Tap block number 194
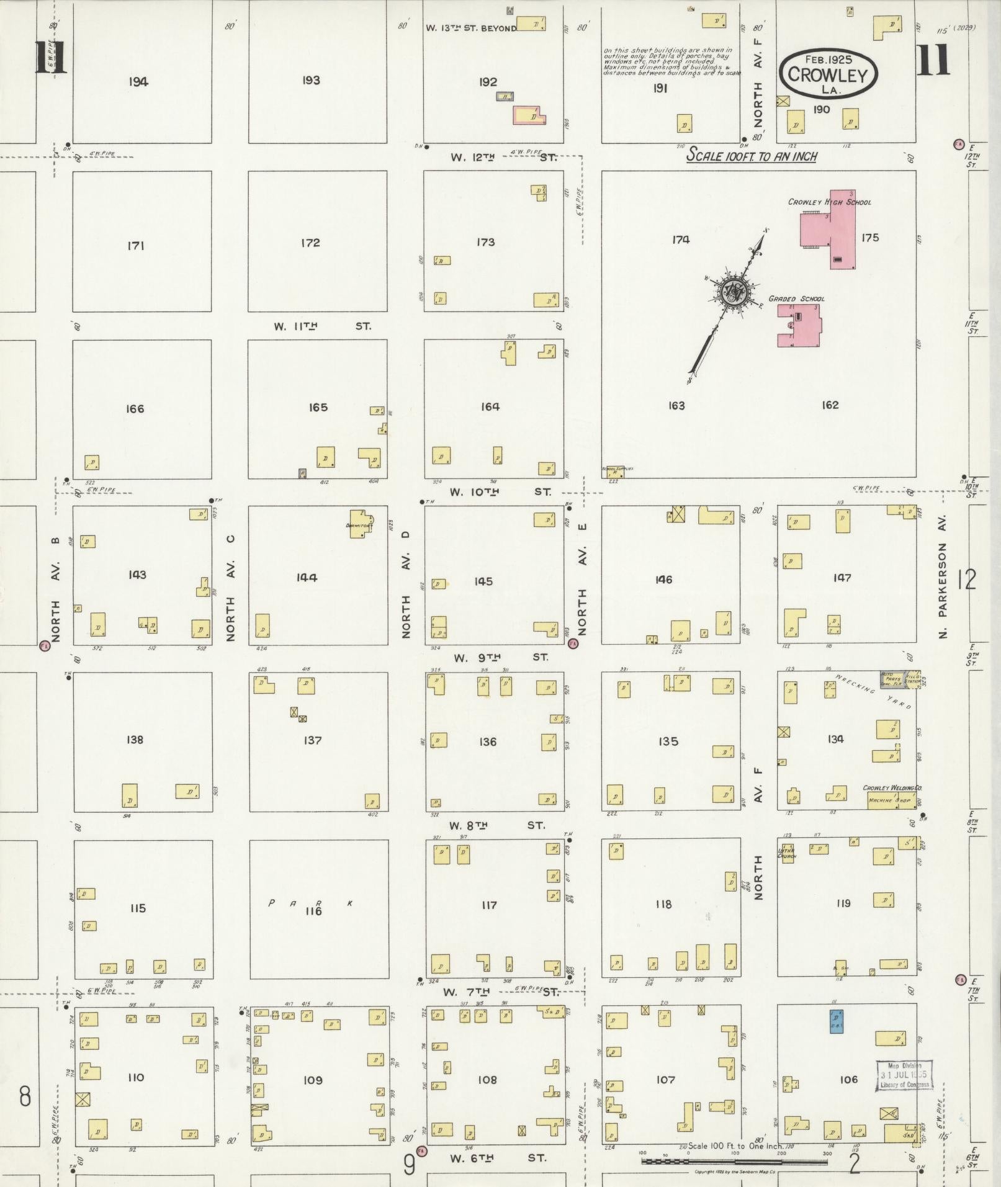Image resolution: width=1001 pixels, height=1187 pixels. [138, 81]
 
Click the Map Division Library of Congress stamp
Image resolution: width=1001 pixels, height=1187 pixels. [904, 1075]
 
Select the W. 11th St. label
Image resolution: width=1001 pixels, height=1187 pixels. [321, 326]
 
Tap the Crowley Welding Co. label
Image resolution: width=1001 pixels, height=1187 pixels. [891, 788]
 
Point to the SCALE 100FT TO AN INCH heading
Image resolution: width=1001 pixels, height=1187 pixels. [751, 156]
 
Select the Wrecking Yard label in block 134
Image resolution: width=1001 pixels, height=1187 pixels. [875, 692]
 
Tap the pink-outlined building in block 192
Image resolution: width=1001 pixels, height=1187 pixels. [529, 115]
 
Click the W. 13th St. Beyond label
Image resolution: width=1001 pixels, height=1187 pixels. [471, 28]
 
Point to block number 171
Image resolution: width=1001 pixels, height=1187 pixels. [136, 246]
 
